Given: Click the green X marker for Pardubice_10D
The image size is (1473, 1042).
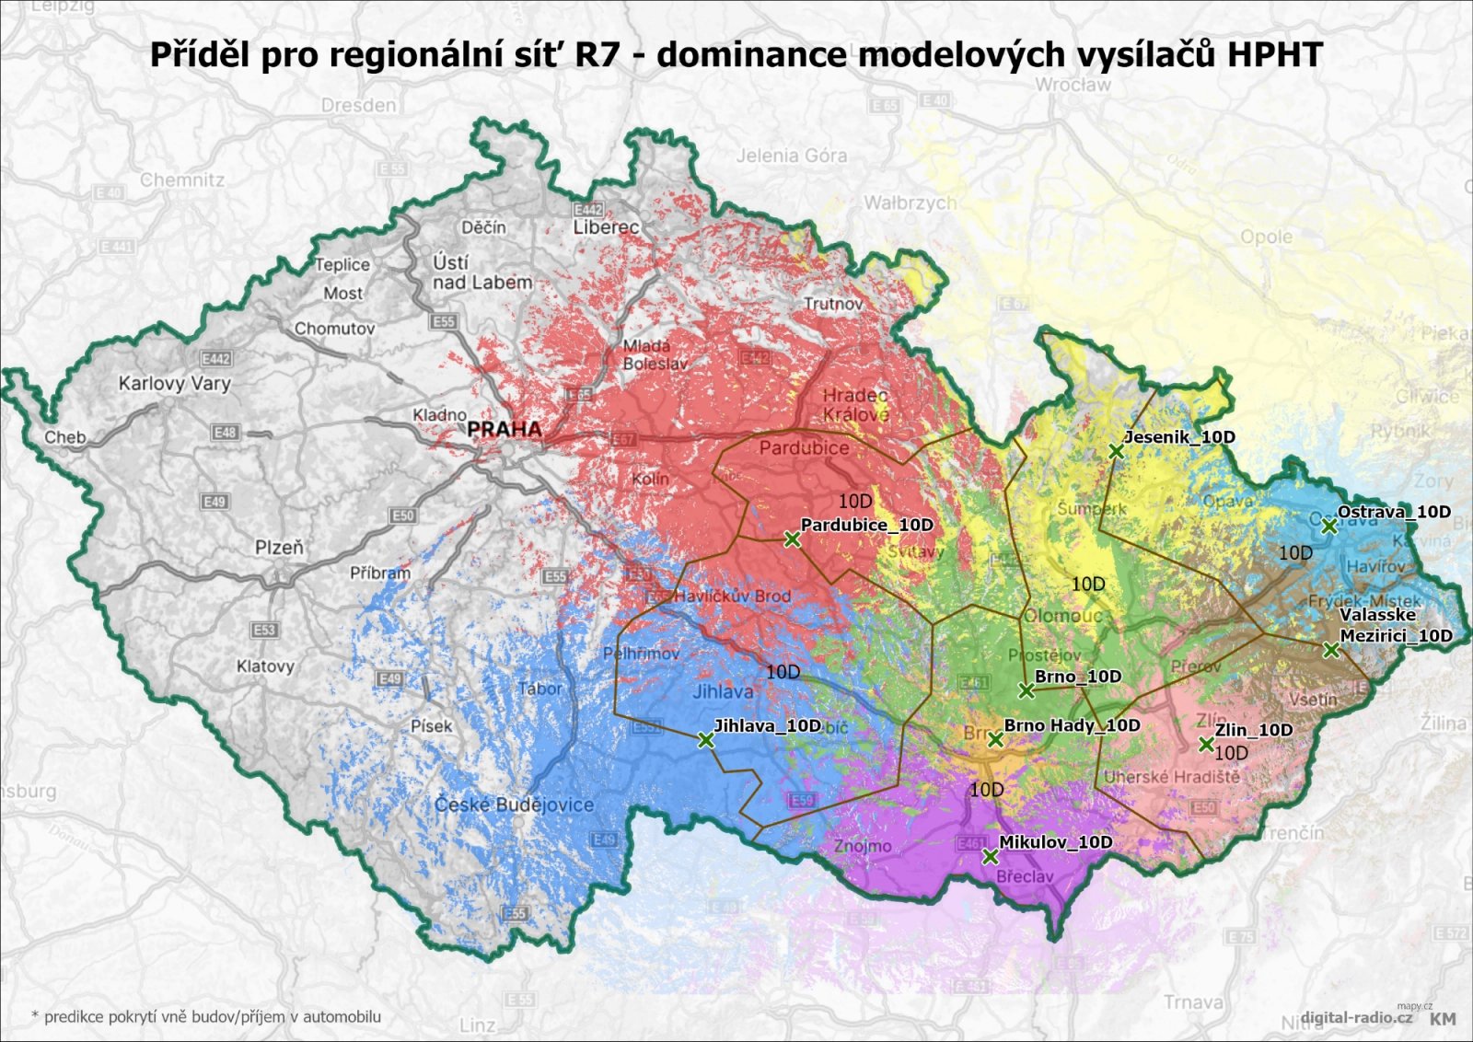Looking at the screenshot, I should coord(792,540).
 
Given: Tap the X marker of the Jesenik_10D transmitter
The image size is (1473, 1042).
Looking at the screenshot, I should coord(1116,451).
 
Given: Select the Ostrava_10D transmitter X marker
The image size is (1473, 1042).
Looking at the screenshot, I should coord(1328,527).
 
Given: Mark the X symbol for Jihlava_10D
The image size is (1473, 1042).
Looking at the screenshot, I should coord(705,740).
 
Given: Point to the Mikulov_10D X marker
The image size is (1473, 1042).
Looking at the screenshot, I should coord(990,857).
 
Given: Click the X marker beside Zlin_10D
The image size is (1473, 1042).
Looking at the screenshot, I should coord(1206,745).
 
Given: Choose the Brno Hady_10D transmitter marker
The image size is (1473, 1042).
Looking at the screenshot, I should coord(995,739).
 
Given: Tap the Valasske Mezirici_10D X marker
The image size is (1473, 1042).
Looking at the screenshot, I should coord(1330,650).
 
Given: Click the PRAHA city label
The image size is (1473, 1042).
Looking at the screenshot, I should coord(504,429).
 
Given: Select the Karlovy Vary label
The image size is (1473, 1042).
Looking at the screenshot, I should coord(174,383).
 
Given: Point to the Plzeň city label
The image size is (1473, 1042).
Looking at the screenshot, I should coord(279,547).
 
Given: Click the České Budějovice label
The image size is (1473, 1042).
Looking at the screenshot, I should coord(514,805).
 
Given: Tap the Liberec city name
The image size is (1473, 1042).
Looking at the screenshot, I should coord(606,226).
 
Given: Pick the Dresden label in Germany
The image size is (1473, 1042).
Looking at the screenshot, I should coord(358,105).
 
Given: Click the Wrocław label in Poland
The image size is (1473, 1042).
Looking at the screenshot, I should coord(1073,85).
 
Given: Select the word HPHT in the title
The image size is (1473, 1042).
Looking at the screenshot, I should coord(1274,54).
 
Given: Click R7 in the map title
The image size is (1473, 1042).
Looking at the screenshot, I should coord(600,54).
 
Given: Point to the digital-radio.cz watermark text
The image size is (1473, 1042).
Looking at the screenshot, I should coord(1350,1018).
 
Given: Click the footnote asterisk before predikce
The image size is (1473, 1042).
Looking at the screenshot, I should coord(35,1016).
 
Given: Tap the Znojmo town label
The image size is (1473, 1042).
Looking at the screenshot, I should coord(863,845).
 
